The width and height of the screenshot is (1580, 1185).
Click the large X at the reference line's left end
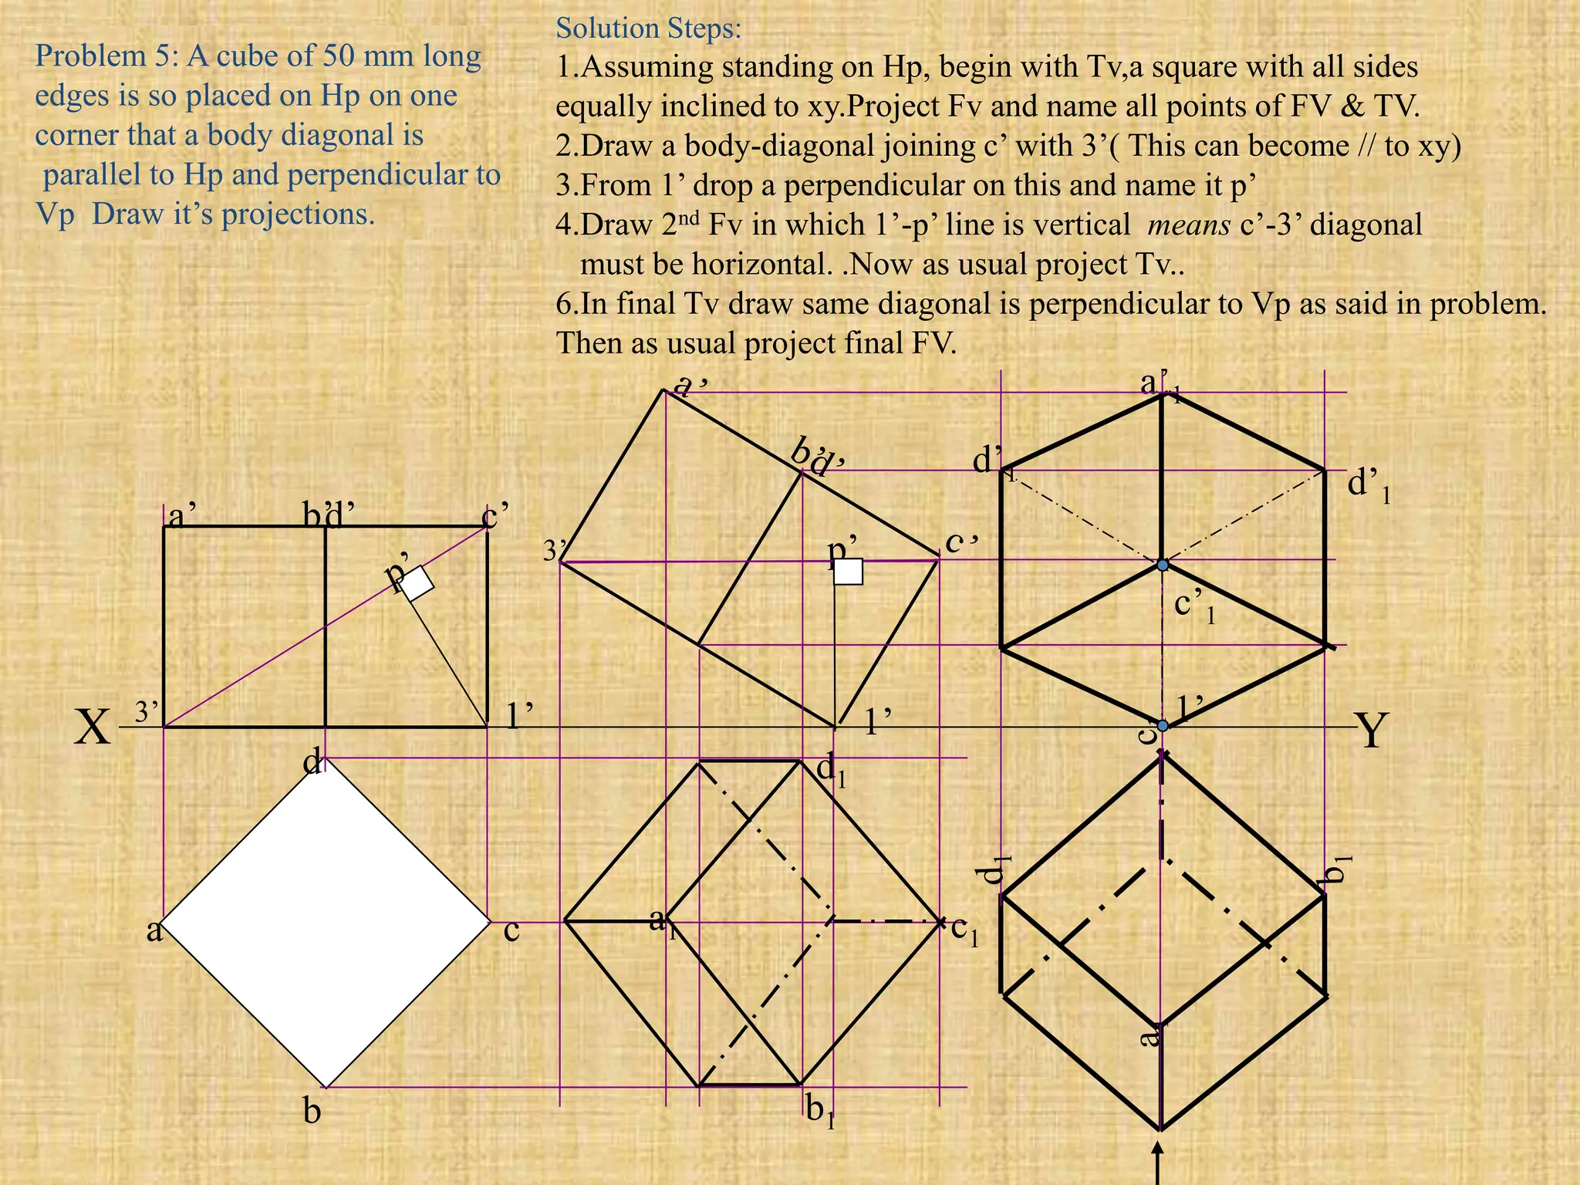coord(93,728)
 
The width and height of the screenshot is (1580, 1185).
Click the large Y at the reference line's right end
coord(1372,731)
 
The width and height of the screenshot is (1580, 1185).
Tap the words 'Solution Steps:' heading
coord(648,29)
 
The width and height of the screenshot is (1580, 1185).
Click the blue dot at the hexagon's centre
coord(1163,565)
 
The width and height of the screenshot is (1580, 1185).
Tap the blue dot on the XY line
coord(1163,725)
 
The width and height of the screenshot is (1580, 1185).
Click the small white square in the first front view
coord(417,583)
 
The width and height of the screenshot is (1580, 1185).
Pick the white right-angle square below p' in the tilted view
coord(849,572)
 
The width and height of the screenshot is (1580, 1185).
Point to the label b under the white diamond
coord(312,1112)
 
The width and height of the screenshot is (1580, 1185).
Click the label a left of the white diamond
coord(154,930)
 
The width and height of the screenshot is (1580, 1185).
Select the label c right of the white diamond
coord(511,931)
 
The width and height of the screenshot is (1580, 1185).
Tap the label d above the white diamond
coord(312,763)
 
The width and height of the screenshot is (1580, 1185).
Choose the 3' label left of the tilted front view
coord(555,551)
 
